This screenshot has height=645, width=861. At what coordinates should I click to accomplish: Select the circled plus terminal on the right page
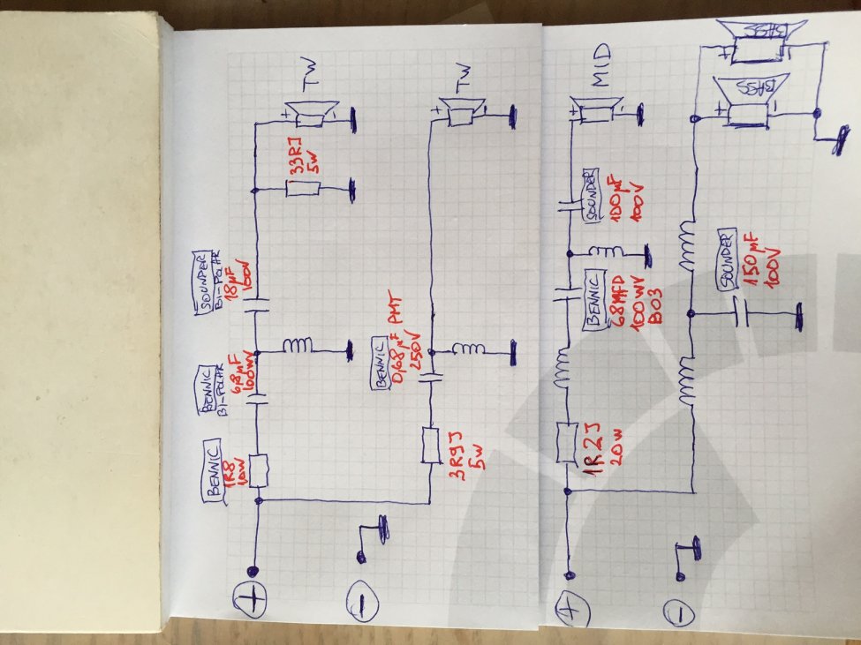[x=569, y=609]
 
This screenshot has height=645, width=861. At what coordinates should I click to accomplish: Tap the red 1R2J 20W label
[x=600, y=449]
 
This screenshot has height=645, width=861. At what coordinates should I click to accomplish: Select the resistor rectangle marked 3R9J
[x=432, y=446]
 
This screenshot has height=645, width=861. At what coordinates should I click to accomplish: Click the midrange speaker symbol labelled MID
[x=597, y=112]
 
